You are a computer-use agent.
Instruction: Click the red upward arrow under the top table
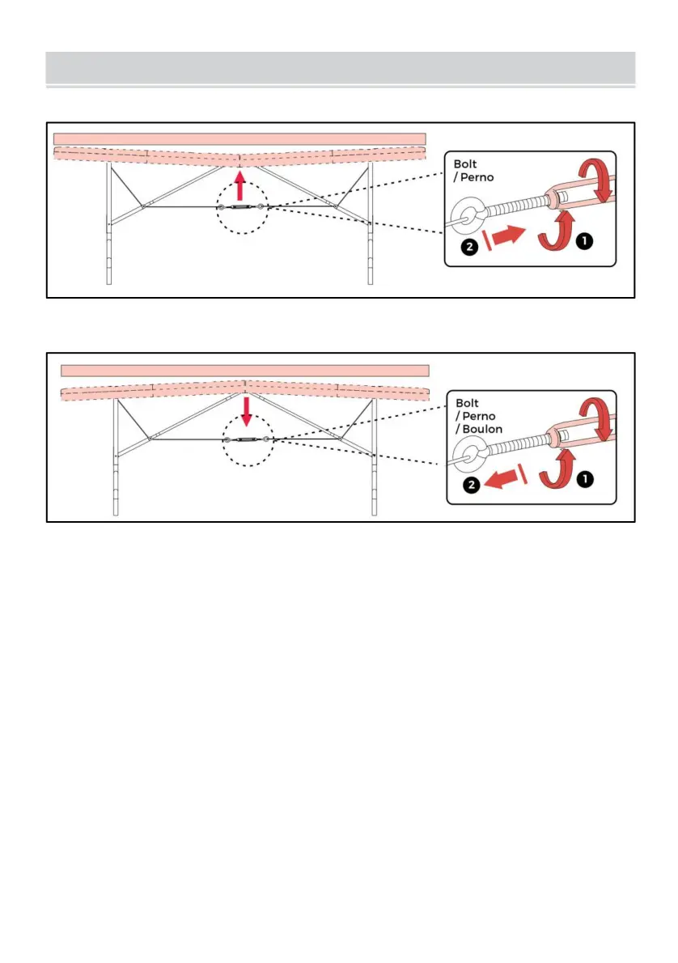coord(240,185)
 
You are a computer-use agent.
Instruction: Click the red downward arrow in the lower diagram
coord(246,411)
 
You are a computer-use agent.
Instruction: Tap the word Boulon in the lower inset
coord(482,429)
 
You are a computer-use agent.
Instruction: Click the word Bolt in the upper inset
coord(465,164)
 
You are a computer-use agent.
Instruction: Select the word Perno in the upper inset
coord(477,177)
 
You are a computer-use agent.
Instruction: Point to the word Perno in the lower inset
coord(479,417)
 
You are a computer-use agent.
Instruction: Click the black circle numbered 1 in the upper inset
coord(584,241)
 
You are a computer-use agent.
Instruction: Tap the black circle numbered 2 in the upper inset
coord(469,247)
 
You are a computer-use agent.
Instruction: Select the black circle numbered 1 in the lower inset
coord(585,478)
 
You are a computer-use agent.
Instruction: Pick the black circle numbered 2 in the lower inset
coord(471,486)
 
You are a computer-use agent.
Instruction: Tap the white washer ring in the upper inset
coord(468,215)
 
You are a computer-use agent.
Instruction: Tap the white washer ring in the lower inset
coord(470,456)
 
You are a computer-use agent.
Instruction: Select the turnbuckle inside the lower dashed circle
coord(246,439)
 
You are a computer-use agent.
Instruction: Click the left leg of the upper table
coord(108,223)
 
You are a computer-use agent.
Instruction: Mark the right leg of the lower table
coord(374,457)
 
